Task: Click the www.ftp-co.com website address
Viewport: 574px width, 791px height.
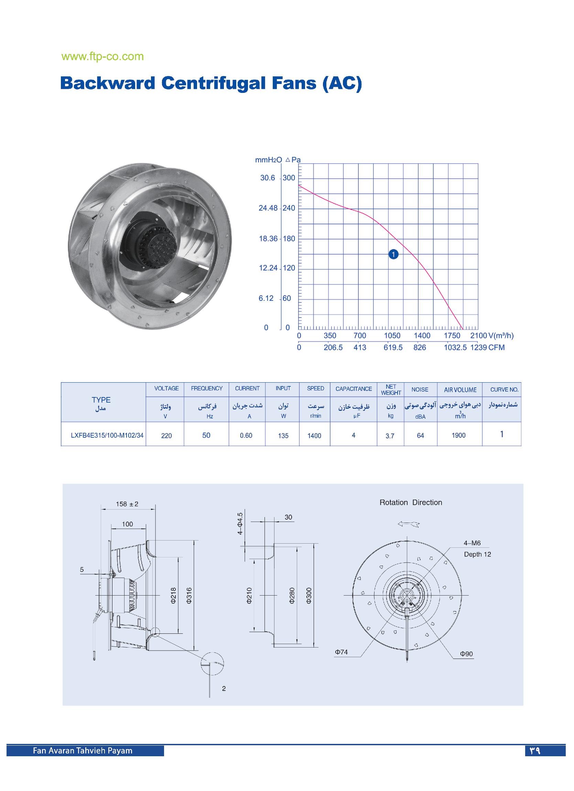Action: (x=102, y=56)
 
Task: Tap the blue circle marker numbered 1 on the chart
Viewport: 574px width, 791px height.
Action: (x=393, y=255)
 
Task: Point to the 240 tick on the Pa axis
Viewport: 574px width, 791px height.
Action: (x=289, y=208)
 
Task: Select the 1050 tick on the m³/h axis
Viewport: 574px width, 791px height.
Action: (x=392, y=335)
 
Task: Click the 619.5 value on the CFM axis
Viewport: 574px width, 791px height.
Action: (x=393, y=348)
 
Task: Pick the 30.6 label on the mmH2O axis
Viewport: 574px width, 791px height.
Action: (x=268, y=178)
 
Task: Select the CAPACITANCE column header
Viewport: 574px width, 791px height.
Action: (x=354, y=388)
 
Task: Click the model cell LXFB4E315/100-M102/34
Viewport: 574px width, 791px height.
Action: (x=107, y=435)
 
